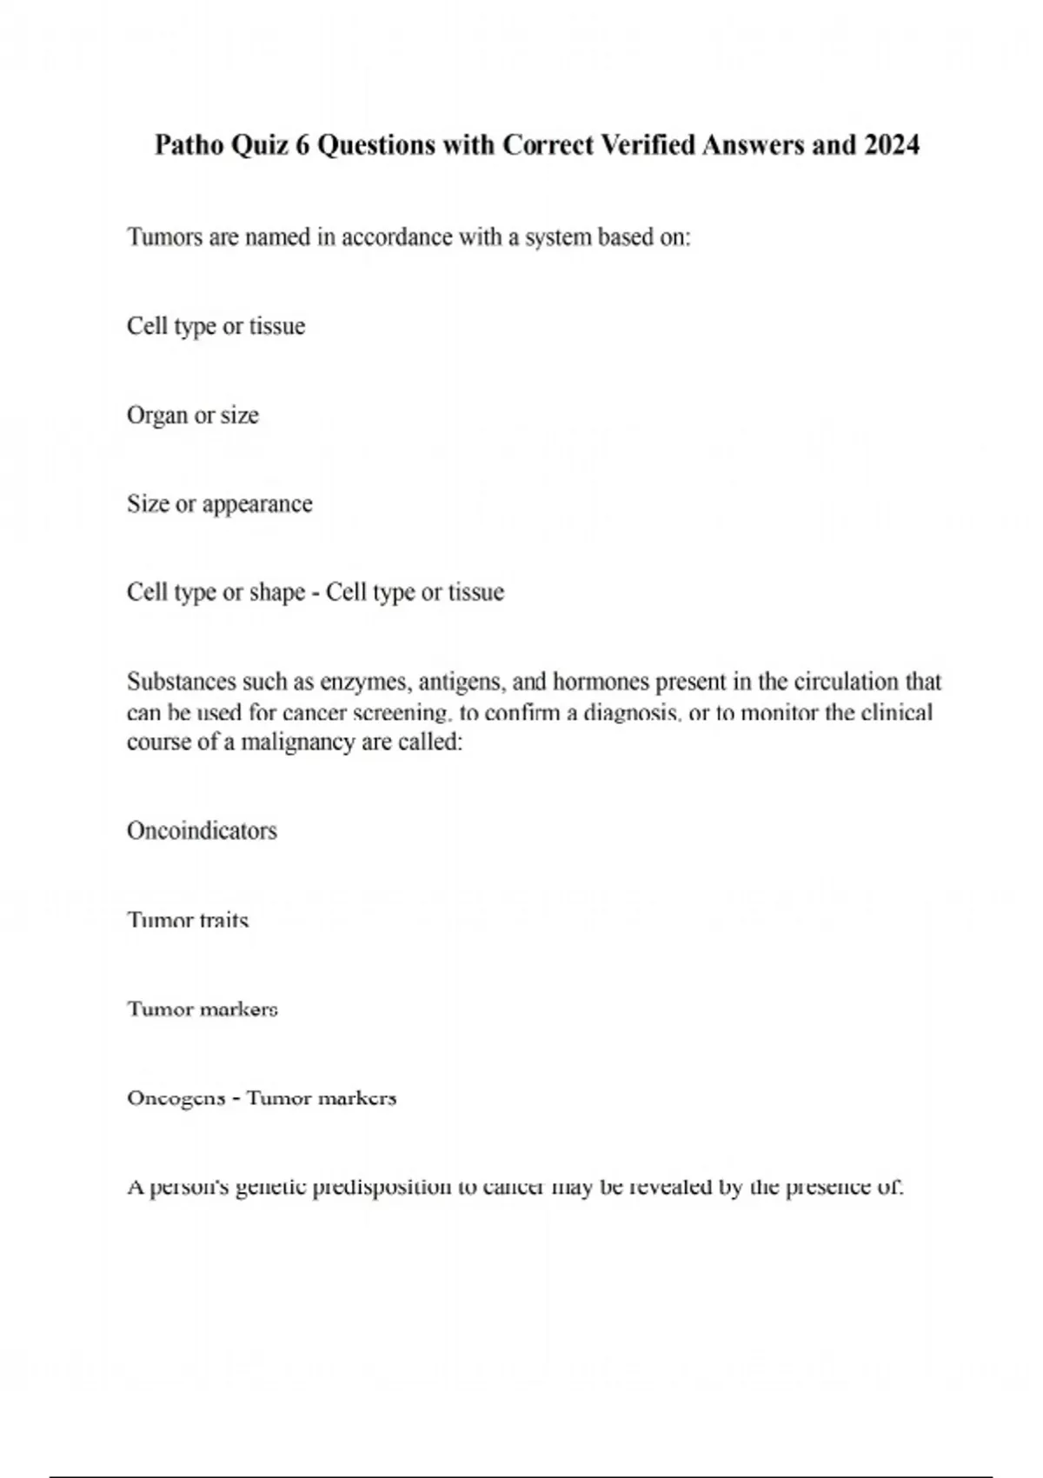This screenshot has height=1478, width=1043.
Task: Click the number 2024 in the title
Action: [892, 145]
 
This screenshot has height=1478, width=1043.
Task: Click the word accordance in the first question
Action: [396, 237]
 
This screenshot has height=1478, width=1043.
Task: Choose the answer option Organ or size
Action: [193, 416]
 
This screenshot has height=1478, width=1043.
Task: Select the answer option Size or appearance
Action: [219, 504]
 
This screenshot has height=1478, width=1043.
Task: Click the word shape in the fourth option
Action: [277, 593]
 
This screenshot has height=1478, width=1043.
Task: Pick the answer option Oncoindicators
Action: [202, 831]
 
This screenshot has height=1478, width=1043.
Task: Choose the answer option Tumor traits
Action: [188, 921]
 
